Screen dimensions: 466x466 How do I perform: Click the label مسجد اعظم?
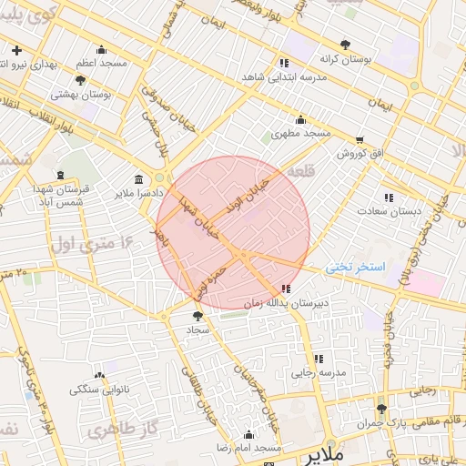[101, 63]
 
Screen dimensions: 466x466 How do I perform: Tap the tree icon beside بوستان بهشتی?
[80, 80]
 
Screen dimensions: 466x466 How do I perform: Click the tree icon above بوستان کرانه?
[345, 45]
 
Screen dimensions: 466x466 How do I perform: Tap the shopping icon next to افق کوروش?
[360, 140]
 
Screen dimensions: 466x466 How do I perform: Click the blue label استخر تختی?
[357, 267]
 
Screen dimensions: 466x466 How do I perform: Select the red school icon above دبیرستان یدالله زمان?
[287, 289]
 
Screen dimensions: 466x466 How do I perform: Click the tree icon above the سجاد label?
[198, 316]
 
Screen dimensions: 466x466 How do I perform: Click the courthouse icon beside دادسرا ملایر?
[137, 179]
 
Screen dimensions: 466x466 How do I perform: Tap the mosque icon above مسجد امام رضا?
[248, 434]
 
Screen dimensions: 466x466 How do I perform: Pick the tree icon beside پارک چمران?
[381, 409]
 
